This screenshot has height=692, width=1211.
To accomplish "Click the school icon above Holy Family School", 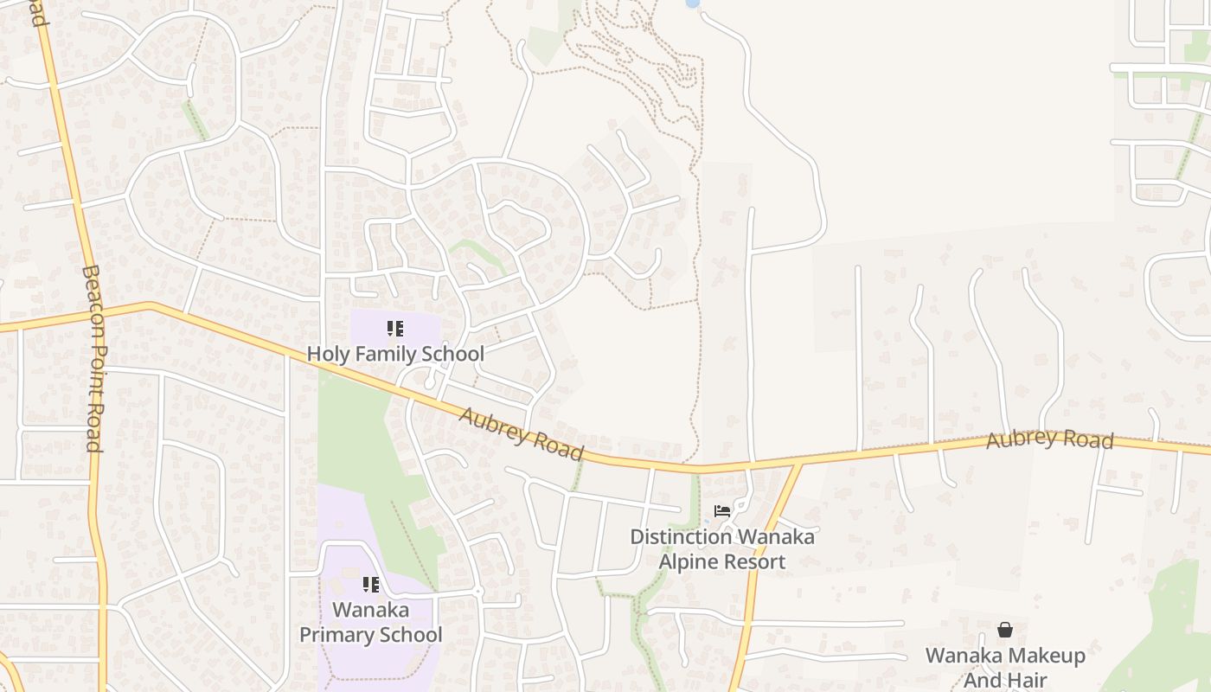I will (x=395, y=329).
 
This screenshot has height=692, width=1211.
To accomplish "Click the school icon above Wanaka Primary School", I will (x=371, y=585).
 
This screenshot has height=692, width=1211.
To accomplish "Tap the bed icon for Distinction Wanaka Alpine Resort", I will (x=722, y=511).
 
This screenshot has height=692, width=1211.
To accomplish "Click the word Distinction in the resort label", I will (x=681, y=537).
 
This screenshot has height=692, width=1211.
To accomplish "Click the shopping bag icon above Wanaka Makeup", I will (x=1005, y=630).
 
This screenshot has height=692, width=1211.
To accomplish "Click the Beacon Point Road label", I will (x=93, y=358).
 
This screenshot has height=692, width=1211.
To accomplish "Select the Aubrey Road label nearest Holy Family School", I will (x=521, y=434).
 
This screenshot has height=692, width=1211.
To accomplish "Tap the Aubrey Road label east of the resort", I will (x=1049, y=439).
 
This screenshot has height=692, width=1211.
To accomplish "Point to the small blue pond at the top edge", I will (x=692, y=3).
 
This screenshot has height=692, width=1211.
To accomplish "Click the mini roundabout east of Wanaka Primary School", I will (x=477, y=592).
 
